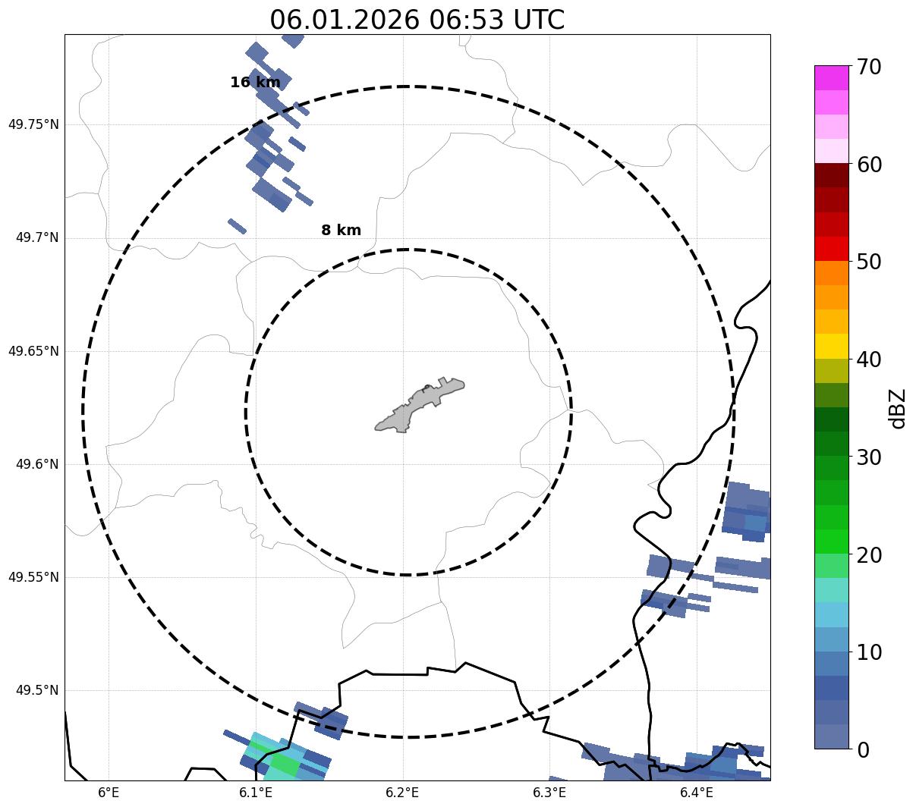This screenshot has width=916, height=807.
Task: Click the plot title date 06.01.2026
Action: click(344, 20)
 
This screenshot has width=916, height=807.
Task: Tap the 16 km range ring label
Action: click(255, 83)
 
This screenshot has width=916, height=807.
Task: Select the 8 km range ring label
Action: click(341, 231)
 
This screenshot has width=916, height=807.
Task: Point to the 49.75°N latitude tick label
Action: click(33, 124)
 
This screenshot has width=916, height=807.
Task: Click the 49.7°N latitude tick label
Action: click(36, 238)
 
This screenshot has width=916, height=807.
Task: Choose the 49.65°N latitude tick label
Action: click(33, 351)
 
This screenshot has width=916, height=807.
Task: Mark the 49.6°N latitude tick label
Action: click(36, 464)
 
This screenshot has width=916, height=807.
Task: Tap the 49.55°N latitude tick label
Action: click(33, 577)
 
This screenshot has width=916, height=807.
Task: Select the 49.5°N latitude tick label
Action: click(36, 690)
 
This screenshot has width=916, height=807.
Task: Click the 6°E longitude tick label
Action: click(109, 793)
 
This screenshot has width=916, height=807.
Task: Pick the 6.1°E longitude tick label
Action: click(256, 793)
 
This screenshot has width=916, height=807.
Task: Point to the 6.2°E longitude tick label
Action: click(402, 793)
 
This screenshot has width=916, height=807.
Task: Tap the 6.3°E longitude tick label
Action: click(549, 793)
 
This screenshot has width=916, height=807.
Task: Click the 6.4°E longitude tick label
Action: click(696, 793)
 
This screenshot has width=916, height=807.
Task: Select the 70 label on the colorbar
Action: click(868, 68)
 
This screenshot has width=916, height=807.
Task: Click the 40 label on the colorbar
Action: click(868, 360)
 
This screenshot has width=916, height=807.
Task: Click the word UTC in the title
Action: click(538, 20)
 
